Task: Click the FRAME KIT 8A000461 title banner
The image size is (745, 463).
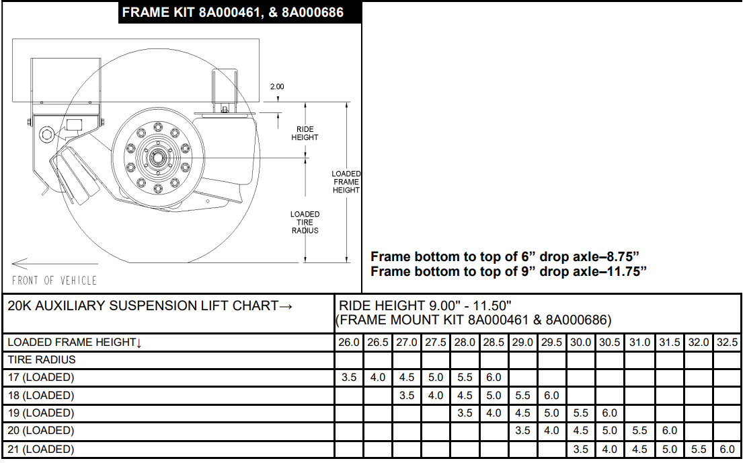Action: (240, 12)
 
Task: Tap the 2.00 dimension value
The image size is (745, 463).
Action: (277, 87)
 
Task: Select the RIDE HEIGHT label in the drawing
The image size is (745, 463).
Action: (305, 133)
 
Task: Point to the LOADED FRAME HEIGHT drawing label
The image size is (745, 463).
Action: (346, 182)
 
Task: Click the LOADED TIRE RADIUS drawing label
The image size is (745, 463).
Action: (305, 223)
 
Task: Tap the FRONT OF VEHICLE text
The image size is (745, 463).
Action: (54, 281)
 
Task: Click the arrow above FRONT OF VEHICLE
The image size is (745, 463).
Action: (55, 263)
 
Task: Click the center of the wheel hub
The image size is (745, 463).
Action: (157, 157)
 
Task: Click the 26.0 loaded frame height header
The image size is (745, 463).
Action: (349, 343)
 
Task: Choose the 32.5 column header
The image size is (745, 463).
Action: (727, 343)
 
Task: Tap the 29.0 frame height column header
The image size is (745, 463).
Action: (522, 343)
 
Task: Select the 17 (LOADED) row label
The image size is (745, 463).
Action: (41, 378)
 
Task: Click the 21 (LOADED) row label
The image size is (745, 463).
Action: (41, 450)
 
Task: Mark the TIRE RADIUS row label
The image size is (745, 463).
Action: (41, 360)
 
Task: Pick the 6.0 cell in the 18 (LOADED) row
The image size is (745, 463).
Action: (551, 396)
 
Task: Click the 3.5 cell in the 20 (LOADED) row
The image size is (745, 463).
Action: (522, 431)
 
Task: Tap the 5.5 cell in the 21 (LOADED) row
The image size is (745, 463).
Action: (699, 450)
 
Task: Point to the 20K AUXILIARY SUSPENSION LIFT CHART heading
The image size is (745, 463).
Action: (150, 306)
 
